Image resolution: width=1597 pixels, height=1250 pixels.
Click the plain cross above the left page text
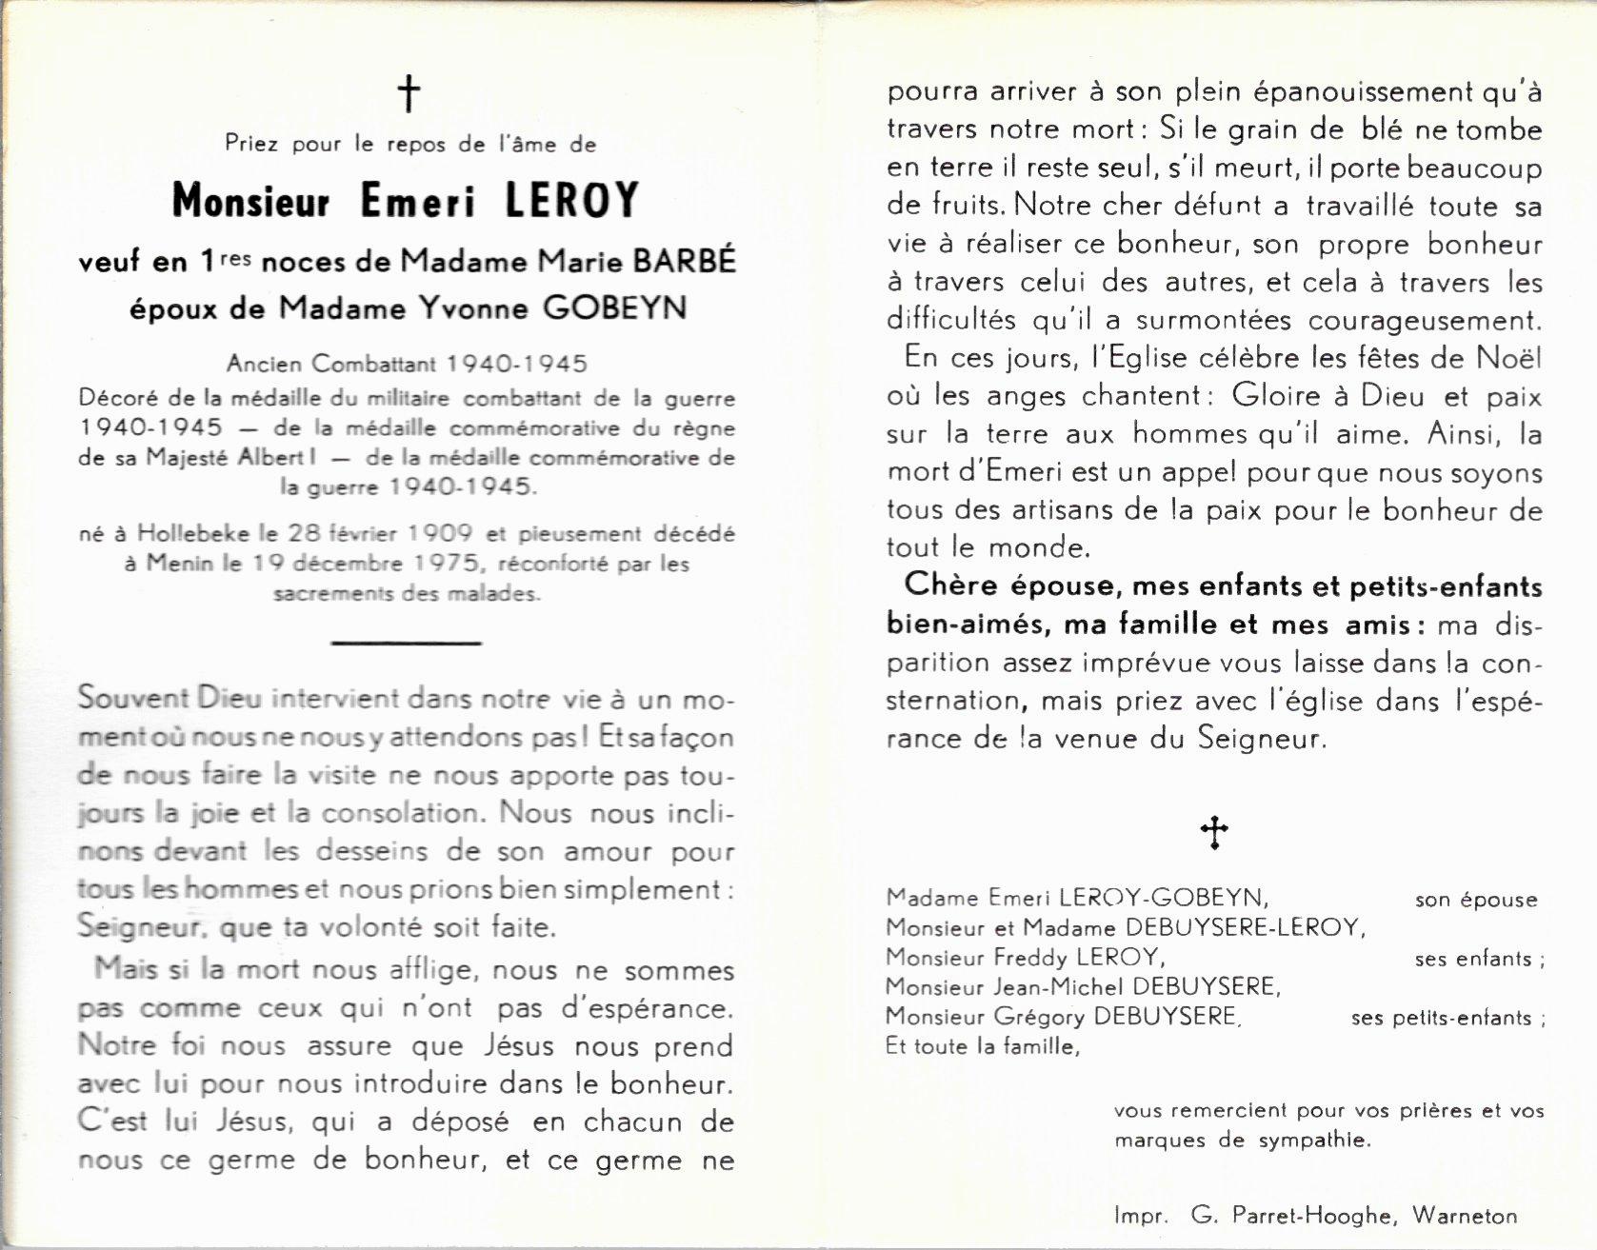tap(409, 94)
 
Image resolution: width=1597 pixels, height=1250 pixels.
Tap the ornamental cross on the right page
tap(1214, 833)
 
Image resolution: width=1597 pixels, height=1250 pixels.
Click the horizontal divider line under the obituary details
tap(407, 643)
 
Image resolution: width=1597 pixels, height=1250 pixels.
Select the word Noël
tap(1508, 358)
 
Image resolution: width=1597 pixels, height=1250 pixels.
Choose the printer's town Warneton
tap(1465, 1216)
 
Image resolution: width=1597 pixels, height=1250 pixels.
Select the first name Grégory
tap(1039, 1017)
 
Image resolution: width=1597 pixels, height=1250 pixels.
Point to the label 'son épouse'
tap(1476, 901)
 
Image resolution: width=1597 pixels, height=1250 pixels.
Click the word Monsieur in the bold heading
tap(251, 201)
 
